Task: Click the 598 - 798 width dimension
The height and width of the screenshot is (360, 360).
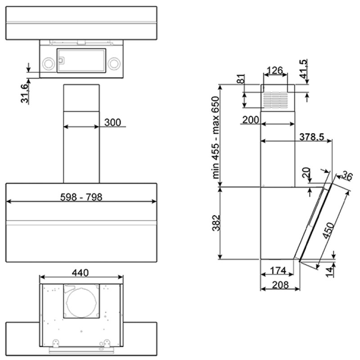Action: (x=81, y=197)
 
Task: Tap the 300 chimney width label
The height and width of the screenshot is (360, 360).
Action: (x=112, y=122)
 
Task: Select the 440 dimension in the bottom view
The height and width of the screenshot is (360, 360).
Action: (x=80, y=273)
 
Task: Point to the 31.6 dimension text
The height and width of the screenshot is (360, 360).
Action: (x=25, y=94)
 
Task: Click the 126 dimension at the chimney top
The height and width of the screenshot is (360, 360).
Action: (x=275, y=70)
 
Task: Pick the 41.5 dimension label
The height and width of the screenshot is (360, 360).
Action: (x=303, y=69)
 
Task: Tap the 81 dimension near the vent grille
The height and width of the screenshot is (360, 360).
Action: (x=241, y=79)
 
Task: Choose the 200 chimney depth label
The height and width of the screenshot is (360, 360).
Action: (x=251, y=120)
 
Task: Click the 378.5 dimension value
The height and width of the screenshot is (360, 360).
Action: (x=311, y=137)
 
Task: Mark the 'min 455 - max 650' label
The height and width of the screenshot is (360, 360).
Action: (x=216, y=137)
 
